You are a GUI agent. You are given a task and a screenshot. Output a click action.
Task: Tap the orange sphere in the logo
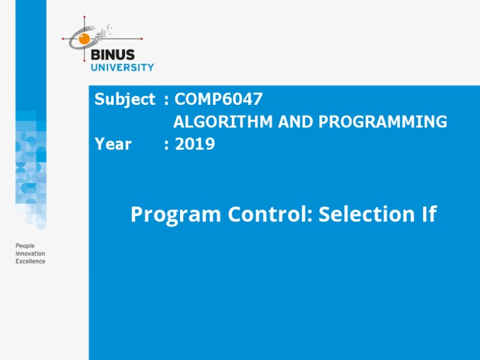tap(84, 39)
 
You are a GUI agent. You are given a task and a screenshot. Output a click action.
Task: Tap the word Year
tap(112, 144)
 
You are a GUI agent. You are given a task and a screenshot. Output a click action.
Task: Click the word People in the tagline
tap(26, 246)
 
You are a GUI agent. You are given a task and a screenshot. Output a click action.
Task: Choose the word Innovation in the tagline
tap(31, 254)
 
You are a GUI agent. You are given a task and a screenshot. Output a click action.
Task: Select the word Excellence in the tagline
tap(31, 261)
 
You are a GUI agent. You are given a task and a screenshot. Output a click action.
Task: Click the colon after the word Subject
tap(166, 100)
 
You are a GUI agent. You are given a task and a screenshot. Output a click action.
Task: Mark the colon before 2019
tap(166, 145)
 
